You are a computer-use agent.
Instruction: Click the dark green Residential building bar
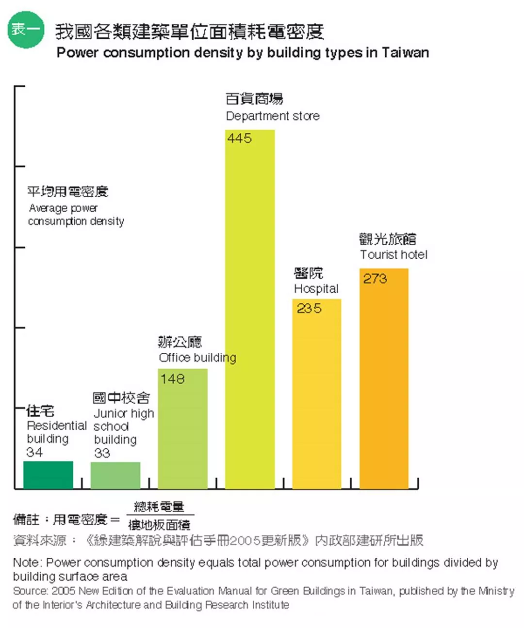click(48, 474)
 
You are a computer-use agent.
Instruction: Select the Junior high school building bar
click(115, 475)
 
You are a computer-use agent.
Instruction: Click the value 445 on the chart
click(240, 139)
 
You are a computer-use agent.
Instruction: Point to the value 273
click(375, 279)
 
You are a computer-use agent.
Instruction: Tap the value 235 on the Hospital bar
click(309, 308)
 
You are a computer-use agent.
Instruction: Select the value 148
click(173, 378)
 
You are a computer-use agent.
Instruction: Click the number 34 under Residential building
click(34, 452)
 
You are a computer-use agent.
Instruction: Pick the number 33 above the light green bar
click(102, 453)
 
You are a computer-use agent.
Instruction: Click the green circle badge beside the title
click(26, 30)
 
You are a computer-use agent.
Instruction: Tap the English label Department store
click(273, 116)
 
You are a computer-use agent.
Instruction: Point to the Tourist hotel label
click(393, 255)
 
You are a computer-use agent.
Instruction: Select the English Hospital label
click(316, 289)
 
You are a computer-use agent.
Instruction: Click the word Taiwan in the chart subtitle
click(405, 52)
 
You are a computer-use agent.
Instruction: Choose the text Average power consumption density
click(76, 215)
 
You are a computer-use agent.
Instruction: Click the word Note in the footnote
click(27, 563)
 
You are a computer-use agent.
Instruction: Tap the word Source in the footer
click(30, 591)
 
